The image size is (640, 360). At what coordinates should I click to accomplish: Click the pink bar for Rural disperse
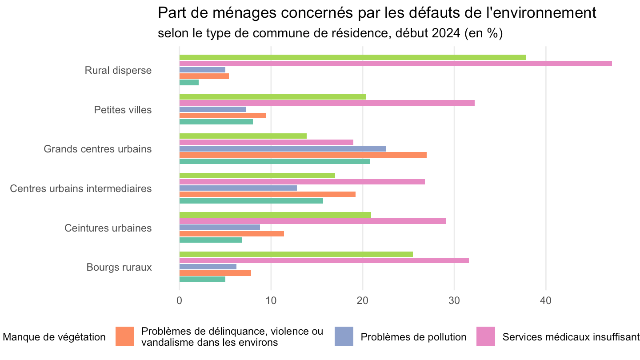pos(396,64)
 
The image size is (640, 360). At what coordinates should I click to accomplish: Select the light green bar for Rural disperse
pos(352,57)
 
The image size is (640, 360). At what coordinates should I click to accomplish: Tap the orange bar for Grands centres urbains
pos(303,155)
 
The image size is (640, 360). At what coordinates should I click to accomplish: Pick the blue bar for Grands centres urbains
pos(283,148)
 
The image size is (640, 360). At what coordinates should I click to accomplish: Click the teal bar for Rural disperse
pos(189,83)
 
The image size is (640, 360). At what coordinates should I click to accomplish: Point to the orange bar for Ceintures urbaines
pos(232,234)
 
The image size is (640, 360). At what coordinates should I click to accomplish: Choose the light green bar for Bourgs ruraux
pos(296,254)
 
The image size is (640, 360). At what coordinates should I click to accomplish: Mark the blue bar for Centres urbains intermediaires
pos(238,188)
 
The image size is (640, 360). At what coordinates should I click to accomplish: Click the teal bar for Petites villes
pos(216,122)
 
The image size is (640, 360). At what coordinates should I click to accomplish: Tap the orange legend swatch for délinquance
pos(125,336)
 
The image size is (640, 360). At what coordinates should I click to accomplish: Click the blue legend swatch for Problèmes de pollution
pos(344,336)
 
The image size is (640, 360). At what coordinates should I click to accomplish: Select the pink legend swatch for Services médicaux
pos(486,336)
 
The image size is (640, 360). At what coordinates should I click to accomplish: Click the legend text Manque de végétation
pos(54,337)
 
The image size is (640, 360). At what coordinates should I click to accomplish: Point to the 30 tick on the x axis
pos(454,300)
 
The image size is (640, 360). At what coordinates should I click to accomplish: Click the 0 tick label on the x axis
pos(180,300)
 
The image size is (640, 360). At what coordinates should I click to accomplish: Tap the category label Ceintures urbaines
pos(108,228)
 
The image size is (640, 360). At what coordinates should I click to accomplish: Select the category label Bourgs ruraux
pos(119,268)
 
